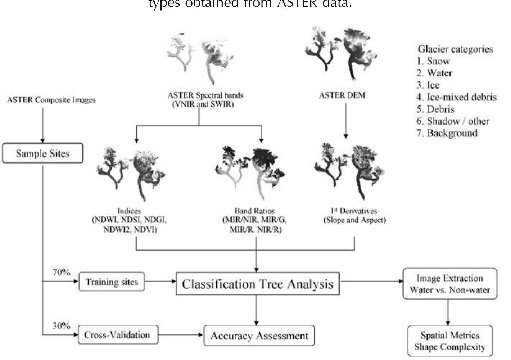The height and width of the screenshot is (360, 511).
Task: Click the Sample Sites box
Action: tap(42, 153)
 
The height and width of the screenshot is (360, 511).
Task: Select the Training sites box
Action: tap(112, 282)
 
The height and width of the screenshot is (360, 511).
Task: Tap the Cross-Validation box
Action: tap(117, 335)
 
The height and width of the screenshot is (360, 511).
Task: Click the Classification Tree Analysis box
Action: tap(257, 284)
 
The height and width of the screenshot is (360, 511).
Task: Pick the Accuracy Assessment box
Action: tap(259, 336)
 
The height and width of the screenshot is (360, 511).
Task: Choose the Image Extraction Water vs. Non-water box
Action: tap(450, 284)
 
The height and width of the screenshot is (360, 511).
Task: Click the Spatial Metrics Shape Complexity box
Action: tap(450, 341)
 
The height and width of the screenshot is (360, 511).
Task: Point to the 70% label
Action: tap(61, 273)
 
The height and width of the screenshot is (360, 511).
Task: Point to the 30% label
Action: tap(61, 326)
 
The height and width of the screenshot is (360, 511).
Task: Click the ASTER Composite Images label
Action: tap(51, 100)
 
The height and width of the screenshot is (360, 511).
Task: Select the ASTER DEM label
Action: tap(342, 95)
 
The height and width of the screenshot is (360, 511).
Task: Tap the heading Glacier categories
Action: tap(455, 49)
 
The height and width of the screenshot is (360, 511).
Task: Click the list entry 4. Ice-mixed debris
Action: tap(456, 97)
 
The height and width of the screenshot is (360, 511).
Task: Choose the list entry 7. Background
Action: tap(447, 133)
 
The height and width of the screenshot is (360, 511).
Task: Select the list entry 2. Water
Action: tap(434, 73)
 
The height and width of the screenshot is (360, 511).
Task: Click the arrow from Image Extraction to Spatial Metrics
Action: tap(448, 312)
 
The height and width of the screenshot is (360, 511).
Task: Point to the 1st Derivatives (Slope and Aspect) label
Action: tap(354, 215)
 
